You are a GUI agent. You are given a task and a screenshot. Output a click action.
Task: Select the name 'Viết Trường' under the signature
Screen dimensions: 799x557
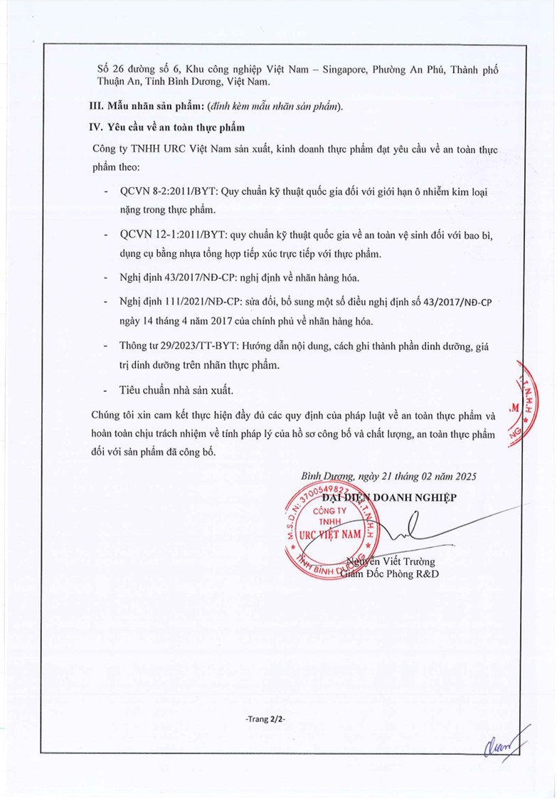pos(409,562)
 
